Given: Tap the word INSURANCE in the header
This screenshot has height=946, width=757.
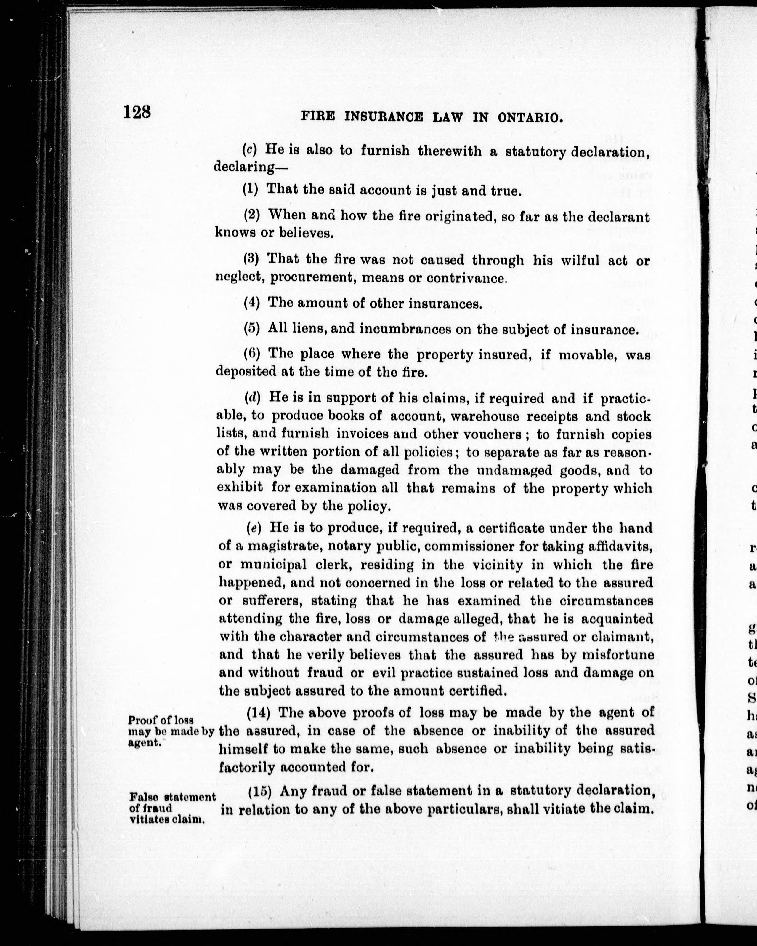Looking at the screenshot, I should [384, 117].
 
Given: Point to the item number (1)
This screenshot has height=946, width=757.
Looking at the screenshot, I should [251, 190].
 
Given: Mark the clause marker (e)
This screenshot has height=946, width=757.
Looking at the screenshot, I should [254, 528].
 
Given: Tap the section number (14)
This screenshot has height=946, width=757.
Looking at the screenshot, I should [258, 712].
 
